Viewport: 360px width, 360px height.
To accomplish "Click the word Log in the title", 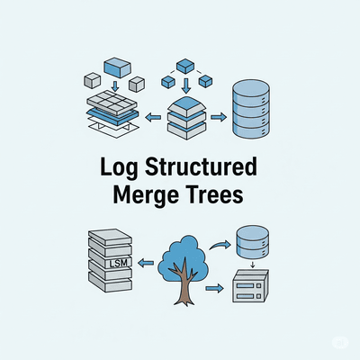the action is [x=119, y=167].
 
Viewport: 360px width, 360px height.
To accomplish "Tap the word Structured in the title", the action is [x=201, y=166].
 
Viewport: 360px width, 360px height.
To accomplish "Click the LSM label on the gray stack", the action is [x=119, y=263].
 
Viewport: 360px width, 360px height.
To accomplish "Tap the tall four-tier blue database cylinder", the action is [x=251, y=110].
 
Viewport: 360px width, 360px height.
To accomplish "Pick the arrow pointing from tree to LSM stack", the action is [x=146, y=264].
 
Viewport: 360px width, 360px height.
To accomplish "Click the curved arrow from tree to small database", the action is [x=220, y=245].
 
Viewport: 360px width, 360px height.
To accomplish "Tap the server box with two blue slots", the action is [x=250, y=286].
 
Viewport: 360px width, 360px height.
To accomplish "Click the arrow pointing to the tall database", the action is [x=219, y=117].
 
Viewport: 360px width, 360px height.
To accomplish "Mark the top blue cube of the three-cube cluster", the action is [x=185, y=66].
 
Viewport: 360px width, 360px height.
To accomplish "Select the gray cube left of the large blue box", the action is [x=92, y=80].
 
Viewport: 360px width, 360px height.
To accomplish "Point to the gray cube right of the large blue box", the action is [x=137, y=84].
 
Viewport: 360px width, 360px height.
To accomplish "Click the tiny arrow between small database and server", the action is [x=252, y=265].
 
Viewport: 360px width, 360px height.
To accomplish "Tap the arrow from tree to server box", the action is [x=214, y=289].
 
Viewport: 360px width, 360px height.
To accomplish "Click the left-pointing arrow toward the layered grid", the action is [x=153, y=118].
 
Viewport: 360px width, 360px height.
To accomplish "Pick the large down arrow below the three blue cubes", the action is [x=186, y=85].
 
